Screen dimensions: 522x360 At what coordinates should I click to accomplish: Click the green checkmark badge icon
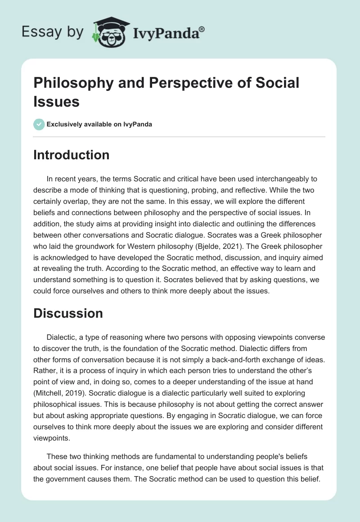click(39, 125)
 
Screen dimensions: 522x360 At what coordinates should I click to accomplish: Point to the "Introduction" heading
click(72, 155)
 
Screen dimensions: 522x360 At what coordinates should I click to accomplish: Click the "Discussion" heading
click(68, 314)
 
